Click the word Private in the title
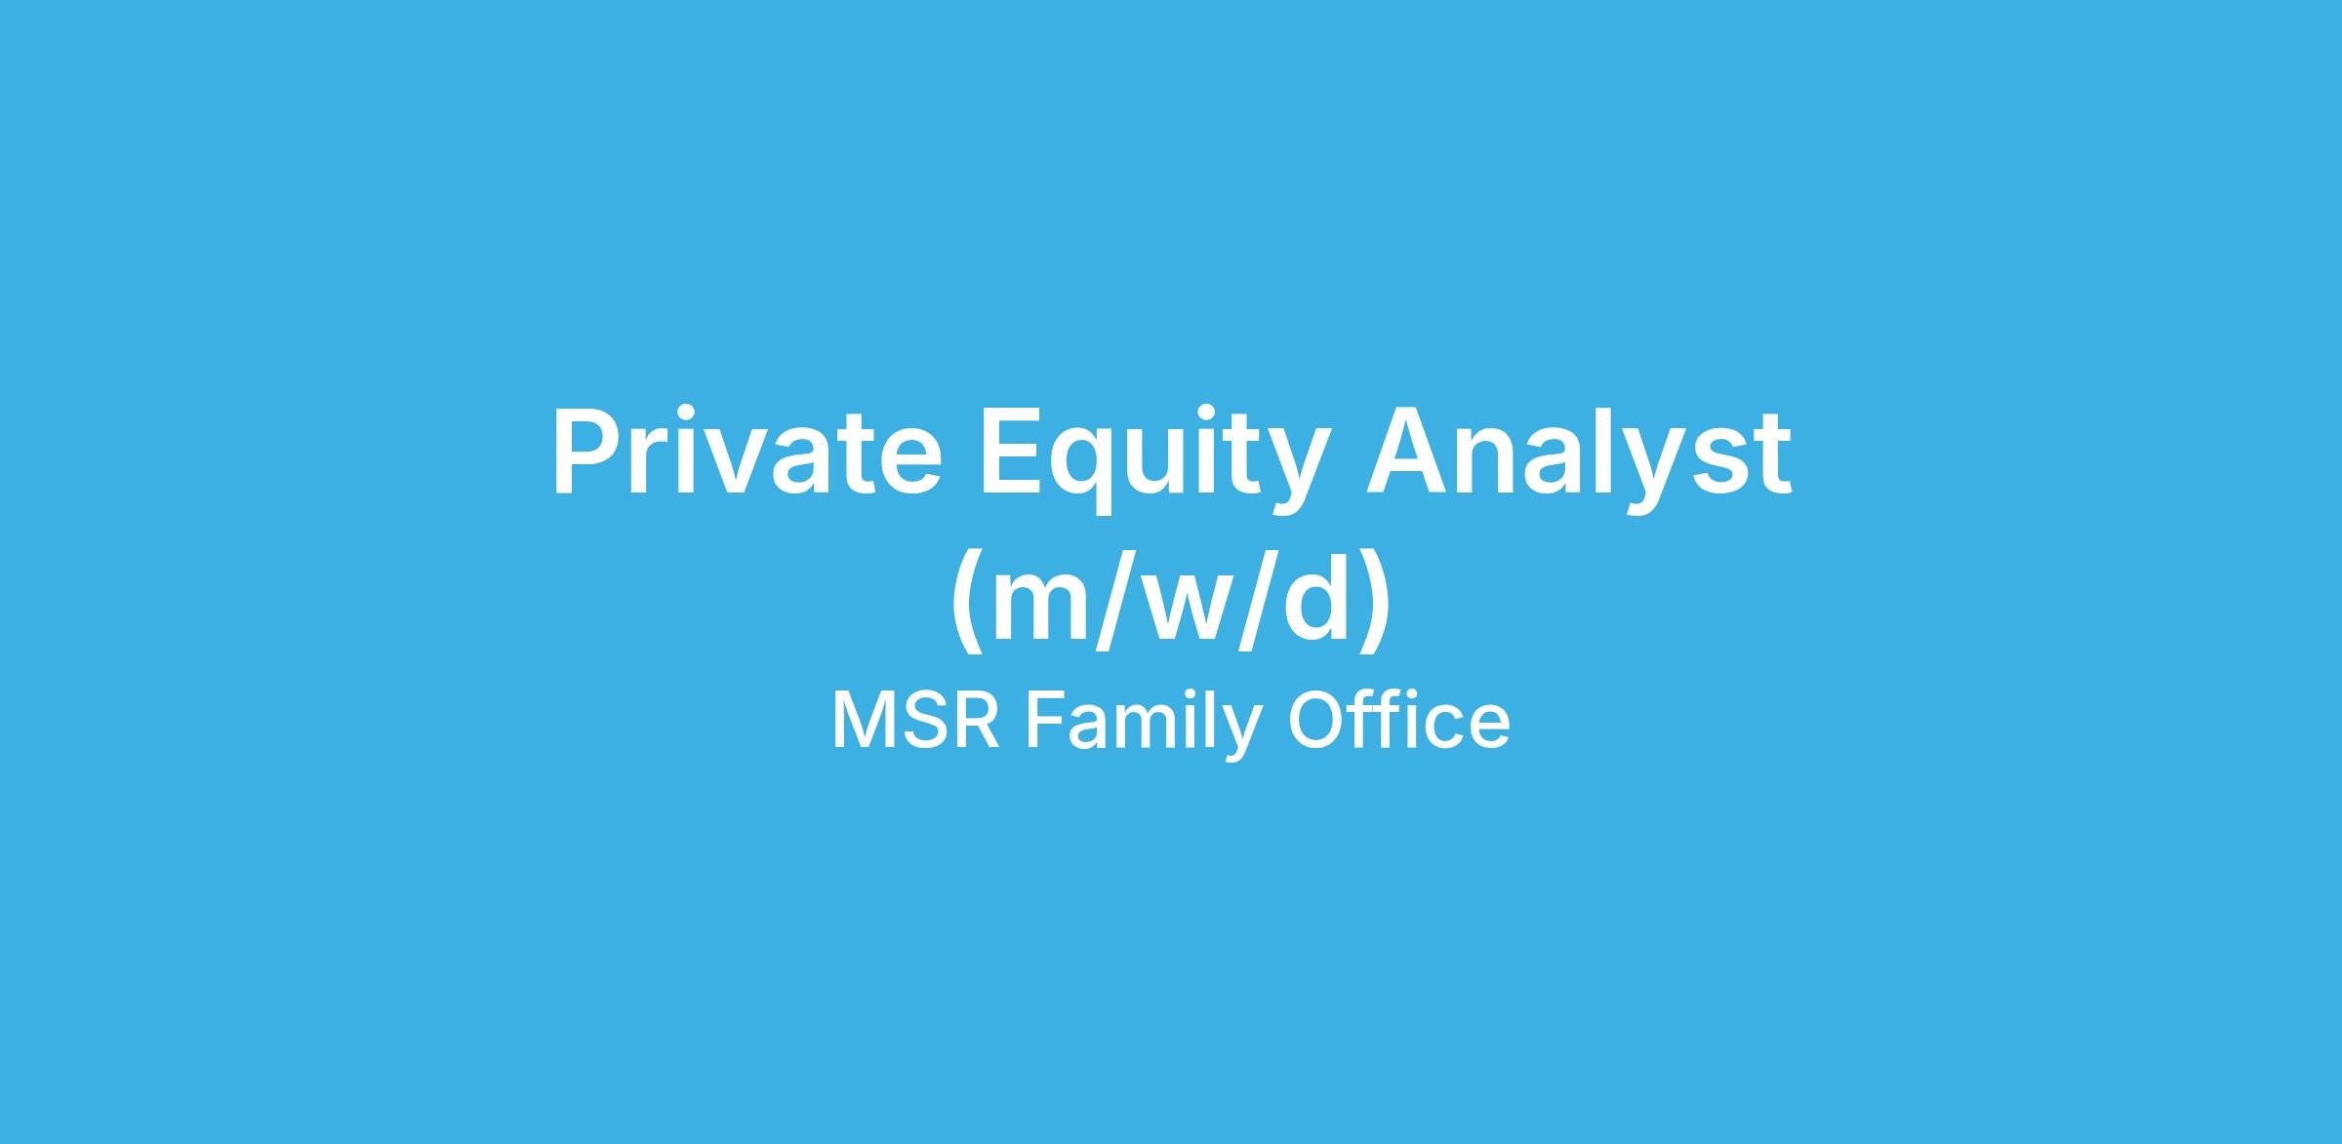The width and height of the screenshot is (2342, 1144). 747,453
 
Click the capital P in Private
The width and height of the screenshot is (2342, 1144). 589,453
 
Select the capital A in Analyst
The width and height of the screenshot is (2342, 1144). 1409,453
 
